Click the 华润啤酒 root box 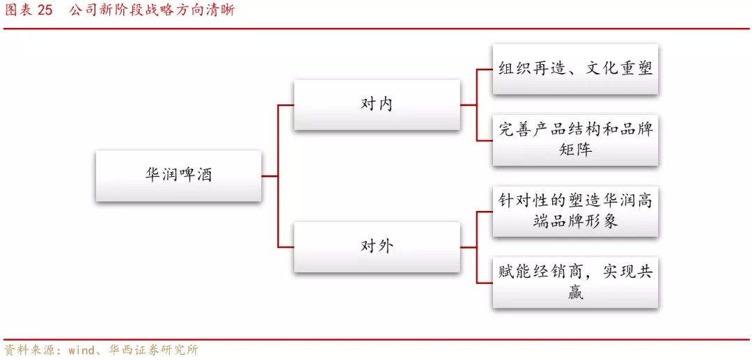178,175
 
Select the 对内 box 377,104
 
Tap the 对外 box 377,246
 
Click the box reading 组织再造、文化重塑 575,69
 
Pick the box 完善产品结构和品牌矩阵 575,140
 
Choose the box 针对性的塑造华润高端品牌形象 575,211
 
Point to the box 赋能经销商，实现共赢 575,282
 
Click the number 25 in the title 45,10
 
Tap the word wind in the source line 81,350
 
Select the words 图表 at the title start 17,10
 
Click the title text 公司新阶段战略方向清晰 152,10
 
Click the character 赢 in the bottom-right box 575,293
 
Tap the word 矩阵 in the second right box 575,150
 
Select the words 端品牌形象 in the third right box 575,222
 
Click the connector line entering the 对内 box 285,105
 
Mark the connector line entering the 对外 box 285,247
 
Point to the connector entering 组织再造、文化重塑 484,70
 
